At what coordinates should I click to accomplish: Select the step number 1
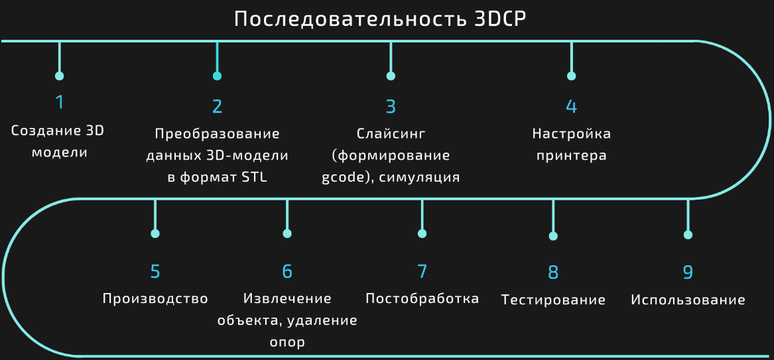[x=60, y=102]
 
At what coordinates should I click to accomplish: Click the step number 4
[x=571, y=107]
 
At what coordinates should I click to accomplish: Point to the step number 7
[x=422, y=271]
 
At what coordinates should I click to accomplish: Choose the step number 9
[x=688, y=272]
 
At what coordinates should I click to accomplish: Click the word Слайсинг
[x=391, y=134]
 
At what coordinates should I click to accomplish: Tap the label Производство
[x=155, y=299]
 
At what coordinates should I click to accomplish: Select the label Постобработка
[x=422, y=299]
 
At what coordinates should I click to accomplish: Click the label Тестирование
[x=553, y=300]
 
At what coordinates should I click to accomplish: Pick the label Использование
[x=688, y=300]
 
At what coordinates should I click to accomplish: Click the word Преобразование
[x=217, y=134]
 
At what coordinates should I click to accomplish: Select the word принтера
[x=571, y=156]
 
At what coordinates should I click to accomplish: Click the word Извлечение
[x=287, y=299]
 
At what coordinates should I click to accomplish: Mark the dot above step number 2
[x=217, y=76]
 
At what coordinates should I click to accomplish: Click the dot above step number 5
[x=155, y=234]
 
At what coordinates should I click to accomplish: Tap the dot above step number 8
[x=553, y=236]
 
